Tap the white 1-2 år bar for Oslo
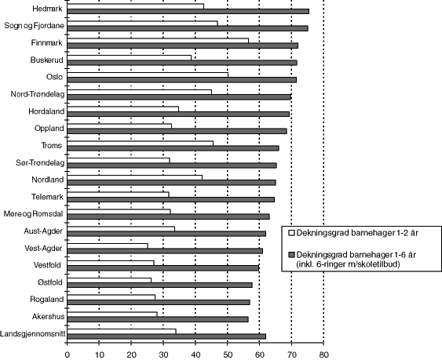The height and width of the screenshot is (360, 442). click(x=148, y=75)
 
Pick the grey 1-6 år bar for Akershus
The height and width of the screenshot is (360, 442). click(x=158, y=319)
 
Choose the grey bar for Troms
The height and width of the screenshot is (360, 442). click(x=173, y=147)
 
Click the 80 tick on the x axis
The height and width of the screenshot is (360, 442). click(x=323, y=354)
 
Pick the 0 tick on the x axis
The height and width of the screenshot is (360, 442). click(x=68, y=354)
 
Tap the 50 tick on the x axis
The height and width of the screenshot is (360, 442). click(x=228, y=354)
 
